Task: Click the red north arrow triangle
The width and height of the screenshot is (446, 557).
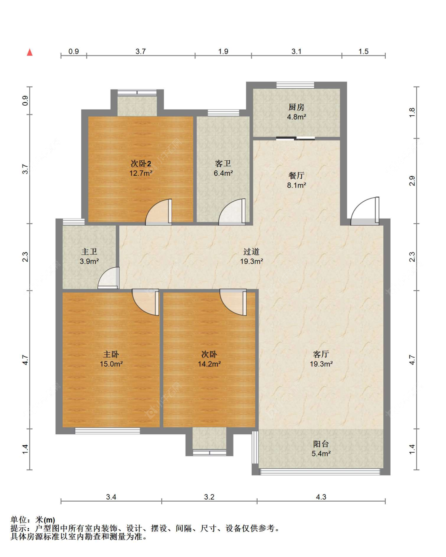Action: point(30,52)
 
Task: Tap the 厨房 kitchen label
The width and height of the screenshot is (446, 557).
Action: point(296,107)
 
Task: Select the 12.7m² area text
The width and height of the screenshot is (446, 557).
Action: point(141,173)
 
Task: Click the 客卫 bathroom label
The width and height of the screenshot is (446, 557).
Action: point(223,163)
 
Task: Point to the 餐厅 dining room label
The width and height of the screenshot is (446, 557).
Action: point(296,175)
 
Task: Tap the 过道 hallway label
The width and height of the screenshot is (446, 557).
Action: point(251,251)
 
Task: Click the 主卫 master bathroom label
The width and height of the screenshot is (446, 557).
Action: point(89,251)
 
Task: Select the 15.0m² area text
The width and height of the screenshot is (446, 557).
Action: point(111,364)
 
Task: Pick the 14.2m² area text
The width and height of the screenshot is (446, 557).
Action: point(209,364)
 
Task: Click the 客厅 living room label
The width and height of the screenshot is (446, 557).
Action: point(321,354)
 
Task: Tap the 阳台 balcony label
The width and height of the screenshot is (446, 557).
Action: point(321,444)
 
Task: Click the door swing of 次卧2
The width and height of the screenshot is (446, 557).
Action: point(159,212)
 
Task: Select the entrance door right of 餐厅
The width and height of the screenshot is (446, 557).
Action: point(365,211)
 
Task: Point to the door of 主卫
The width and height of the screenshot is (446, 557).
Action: point(109,278)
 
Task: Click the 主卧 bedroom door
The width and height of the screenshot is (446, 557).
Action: point(145,302)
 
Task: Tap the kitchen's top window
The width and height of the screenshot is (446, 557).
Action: point(295,85)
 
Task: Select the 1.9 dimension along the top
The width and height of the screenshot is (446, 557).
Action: point(223,51)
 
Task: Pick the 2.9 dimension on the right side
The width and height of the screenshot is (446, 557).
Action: point(412,181)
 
